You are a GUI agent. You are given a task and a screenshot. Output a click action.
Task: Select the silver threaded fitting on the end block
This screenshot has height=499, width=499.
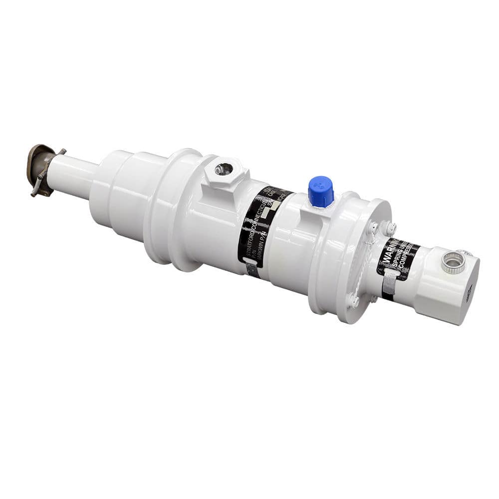(x=453, y=262)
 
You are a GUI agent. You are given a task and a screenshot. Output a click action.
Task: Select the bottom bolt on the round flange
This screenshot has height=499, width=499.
(x=354, y=301)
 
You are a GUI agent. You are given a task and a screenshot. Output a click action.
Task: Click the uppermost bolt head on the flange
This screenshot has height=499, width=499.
(x=389, y=228)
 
